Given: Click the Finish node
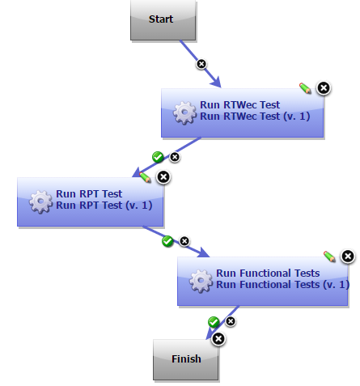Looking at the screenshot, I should (x=186, y=358).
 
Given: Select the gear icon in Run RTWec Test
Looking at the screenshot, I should (x=185, y=112).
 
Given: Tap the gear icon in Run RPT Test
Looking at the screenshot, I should (x=41, y=201).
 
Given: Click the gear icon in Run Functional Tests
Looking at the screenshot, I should (x=201, y=280).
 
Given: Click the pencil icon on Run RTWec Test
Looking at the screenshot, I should (x=305, y=87).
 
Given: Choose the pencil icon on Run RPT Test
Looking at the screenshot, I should (x=145, y=176).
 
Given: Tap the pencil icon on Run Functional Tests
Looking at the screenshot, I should (x=329, y=256).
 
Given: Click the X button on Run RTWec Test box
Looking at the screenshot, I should (x=323, y=87).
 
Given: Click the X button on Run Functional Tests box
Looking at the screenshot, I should (x=347, y=257).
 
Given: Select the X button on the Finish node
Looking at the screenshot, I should (x=218, y=338).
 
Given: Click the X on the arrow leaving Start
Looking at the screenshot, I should (x=201, y=64).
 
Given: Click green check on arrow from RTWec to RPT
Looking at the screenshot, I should (x=158, y=157).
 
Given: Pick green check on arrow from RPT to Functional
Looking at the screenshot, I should (x=167, y=241).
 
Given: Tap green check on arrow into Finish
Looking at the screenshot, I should (x=214, y=322).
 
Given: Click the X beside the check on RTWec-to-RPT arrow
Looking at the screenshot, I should (x=174, y=157).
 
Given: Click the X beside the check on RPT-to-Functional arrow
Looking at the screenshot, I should (x=184, y=241).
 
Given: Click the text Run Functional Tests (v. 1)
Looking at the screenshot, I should (x=282, y=285).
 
